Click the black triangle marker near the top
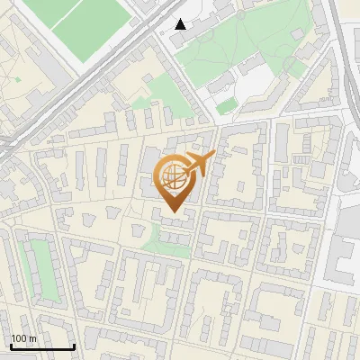(x=181, y=24)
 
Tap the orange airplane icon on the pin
(x=198, y=164)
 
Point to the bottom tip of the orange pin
(x=173, y=212)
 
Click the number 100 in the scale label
(x=19, y=338)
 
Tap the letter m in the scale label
(x=32, y=338)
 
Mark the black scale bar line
(x=41, y=346)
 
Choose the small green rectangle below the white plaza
(x=227, y=105)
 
